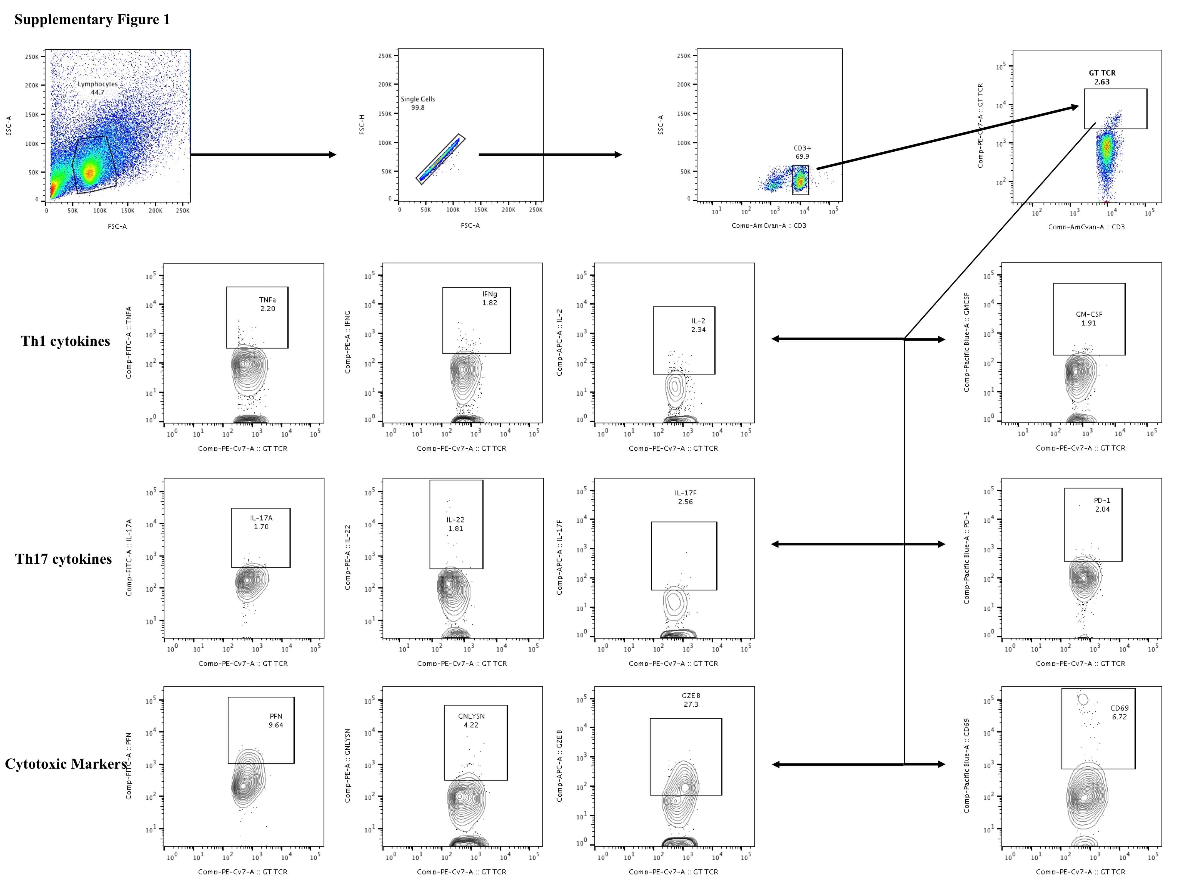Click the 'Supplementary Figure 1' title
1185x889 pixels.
[x=92, y=20]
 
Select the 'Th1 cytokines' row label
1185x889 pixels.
[x=65, y=342]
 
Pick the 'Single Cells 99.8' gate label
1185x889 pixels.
[x=418, y=103]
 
